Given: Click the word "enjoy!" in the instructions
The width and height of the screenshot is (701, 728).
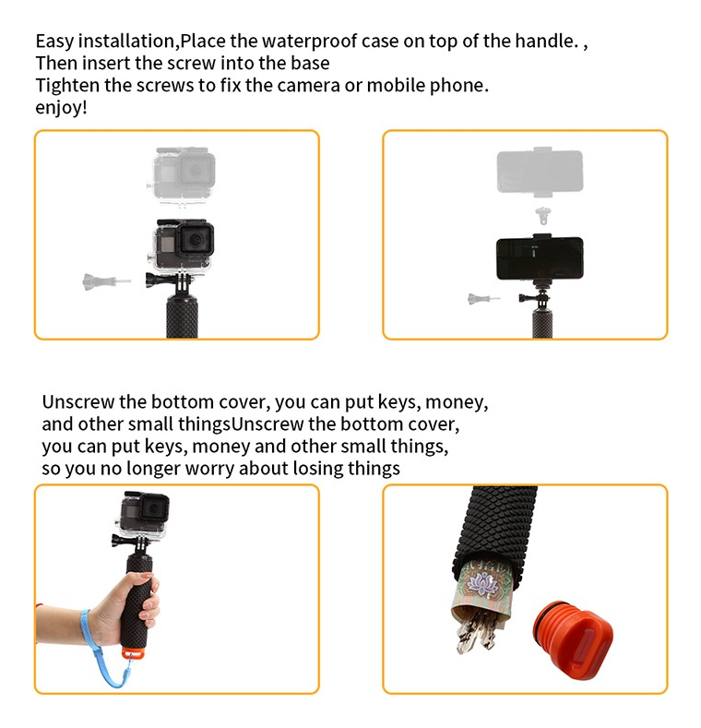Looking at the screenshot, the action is pyautogui.click(x=61, y=108).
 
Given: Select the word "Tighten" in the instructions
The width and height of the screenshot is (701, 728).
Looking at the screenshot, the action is pyautogui.click(x=67, y=86).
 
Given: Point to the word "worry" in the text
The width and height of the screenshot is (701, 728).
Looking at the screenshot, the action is pyautogui.click(x=209, y=468).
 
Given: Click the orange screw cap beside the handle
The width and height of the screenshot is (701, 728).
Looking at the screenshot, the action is pyautogui.click(x=574, y=639).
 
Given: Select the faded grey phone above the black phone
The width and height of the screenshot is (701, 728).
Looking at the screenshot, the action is pyautogui.click(x=540, y=171).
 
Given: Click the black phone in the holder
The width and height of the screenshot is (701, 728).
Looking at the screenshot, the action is pyautogui.click(x=540, y=258).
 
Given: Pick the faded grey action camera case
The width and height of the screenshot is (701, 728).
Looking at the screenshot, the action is pyautogui.click(x=183, y=176).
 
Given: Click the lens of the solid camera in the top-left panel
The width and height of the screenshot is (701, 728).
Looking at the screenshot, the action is pyautogui.click(x=194, y=241).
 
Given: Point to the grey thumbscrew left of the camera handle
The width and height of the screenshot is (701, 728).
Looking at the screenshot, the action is pyautogui.click(x=106, y=281).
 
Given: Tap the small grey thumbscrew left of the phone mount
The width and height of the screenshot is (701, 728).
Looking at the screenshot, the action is pyautogui.click(x=483, y=299).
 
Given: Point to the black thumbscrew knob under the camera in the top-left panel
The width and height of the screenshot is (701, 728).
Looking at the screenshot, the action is pyautogui.click(x=153, y=280).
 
